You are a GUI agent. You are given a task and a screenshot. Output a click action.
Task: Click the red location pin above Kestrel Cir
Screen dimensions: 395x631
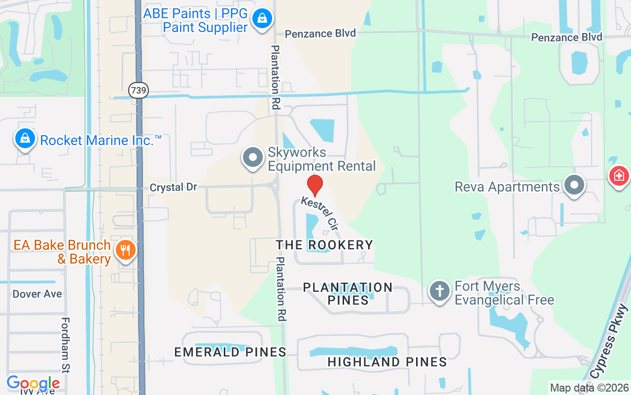315,185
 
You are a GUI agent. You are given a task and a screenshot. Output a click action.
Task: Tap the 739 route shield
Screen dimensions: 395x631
139,90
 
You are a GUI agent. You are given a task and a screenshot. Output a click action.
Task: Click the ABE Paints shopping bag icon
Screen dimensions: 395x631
262,19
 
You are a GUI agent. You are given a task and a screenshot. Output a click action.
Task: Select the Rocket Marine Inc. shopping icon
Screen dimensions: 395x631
25,139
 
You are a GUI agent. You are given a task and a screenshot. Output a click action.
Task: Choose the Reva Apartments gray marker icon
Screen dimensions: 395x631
574,186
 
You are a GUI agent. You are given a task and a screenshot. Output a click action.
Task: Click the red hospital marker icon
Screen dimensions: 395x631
620,175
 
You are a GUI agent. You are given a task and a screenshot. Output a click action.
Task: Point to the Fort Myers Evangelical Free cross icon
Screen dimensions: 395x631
439,290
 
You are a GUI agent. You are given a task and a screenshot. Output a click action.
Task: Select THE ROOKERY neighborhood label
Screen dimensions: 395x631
324,245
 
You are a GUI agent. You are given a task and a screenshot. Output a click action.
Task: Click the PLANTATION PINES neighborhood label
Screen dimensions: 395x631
348,293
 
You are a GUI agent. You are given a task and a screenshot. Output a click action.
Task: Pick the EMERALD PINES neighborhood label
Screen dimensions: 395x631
230,352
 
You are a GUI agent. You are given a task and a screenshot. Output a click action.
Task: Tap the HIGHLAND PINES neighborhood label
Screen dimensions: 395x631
387,362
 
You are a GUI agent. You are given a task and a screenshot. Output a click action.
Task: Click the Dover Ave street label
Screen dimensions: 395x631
37,294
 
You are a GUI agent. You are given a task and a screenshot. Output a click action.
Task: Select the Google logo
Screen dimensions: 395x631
33,383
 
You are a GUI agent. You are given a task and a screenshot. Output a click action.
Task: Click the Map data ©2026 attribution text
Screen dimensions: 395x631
589,388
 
